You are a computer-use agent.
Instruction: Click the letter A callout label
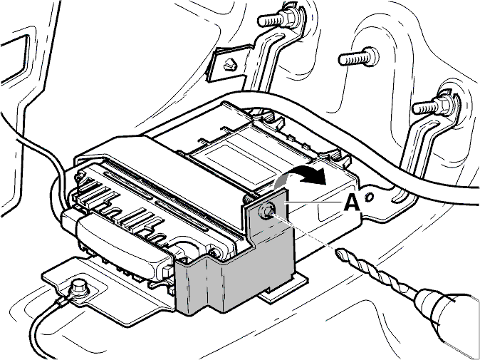(x=352, y=203)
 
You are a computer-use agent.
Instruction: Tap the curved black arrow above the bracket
(x=301, y=175)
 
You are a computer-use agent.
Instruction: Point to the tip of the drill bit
(x=337, y=251)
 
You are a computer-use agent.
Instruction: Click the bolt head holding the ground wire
(x=79, y=288)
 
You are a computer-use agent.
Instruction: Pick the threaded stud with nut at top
(x=277, y=19)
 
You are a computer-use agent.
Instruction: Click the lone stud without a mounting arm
(x=358, y=57)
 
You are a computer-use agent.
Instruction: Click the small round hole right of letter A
(x=370, y=196)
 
